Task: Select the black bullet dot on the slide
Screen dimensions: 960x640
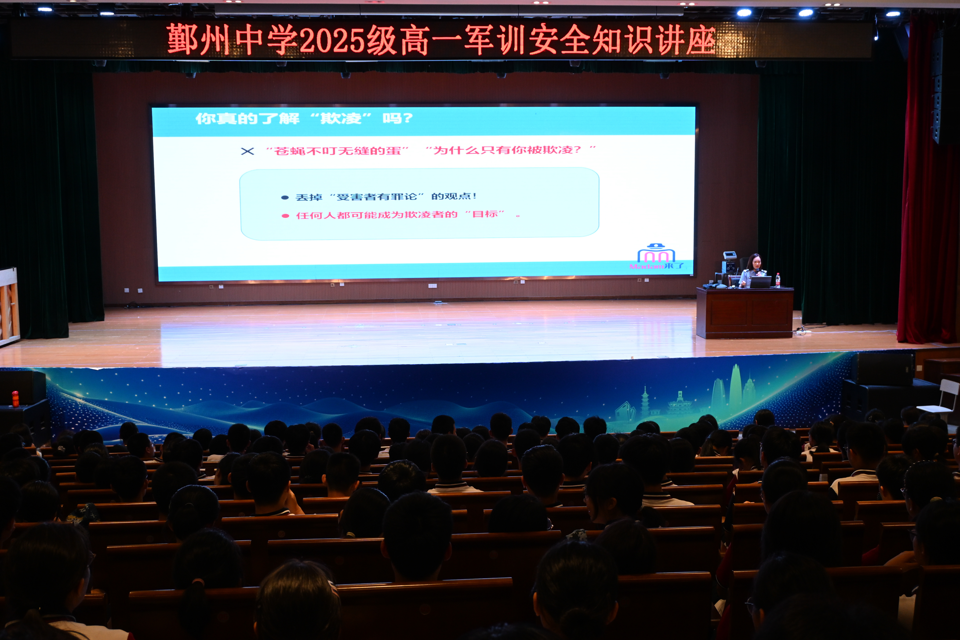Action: pos(285,198)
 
